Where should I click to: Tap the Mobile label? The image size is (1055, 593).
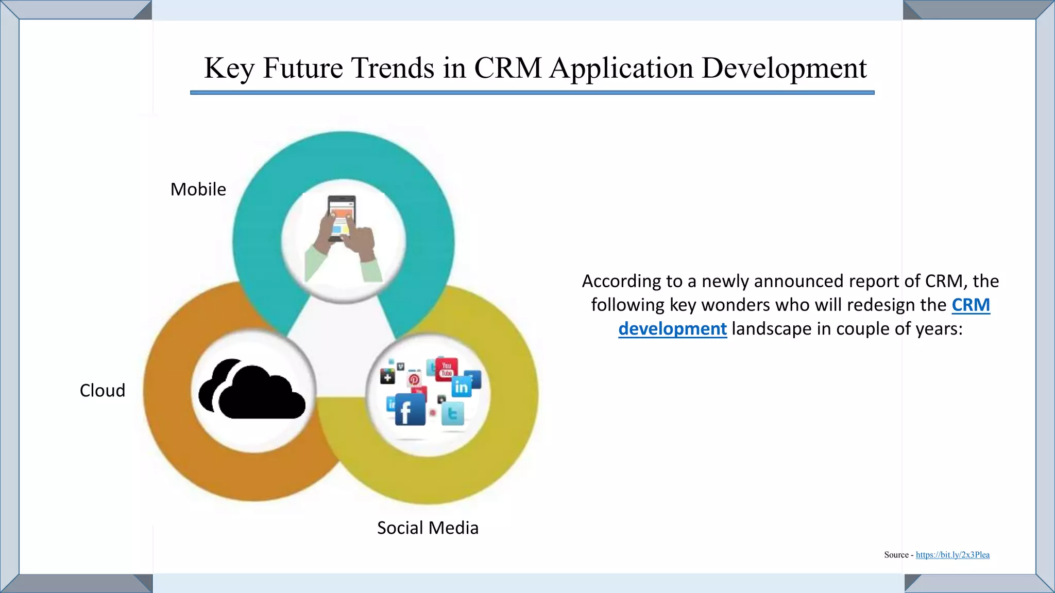pos(198,189)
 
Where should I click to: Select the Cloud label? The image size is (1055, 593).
pos(103,391)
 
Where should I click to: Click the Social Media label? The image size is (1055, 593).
pos(428,528)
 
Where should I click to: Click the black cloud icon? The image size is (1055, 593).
pos(252,390)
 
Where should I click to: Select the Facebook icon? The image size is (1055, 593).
pos(410,410)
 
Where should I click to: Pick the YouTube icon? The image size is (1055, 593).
pos(446,369)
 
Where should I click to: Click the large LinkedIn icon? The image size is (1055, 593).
pos(461,386)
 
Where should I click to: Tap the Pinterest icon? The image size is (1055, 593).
pos(414,380)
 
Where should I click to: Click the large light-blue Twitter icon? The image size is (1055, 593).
pos(453,413)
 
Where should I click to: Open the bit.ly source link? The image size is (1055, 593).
pos(952,555)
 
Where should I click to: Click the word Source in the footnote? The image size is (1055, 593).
pos(896,555)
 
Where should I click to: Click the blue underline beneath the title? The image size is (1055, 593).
pos(532,93)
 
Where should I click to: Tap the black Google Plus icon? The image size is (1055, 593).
pos(387,377)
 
